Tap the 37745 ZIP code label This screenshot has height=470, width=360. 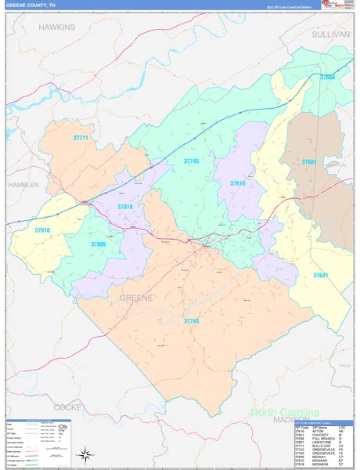[192, 161]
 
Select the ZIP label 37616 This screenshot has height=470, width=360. [238, 183]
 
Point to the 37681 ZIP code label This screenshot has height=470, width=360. [311, 162]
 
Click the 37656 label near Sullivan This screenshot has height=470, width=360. [327, 78]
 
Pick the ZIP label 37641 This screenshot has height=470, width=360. [322, 275]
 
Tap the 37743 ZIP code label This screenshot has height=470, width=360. [192, 321]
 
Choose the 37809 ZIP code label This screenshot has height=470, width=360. [98, 244]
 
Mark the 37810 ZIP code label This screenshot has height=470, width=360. [41, 230]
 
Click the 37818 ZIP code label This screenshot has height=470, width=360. [125, 207]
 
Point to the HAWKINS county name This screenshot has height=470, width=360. [57, 27]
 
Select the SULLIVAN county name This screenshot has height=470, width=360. [330, 35]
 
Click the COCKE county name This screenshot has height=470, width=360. [68, 407]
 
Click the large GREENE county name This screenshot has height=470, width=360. [136, 298]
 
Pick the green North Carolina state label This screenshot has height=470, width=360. [284, 413]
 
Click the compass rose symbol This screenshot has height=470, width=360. [84, 454]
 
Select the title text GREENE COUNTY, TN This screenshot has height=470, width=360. [31, 5]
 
